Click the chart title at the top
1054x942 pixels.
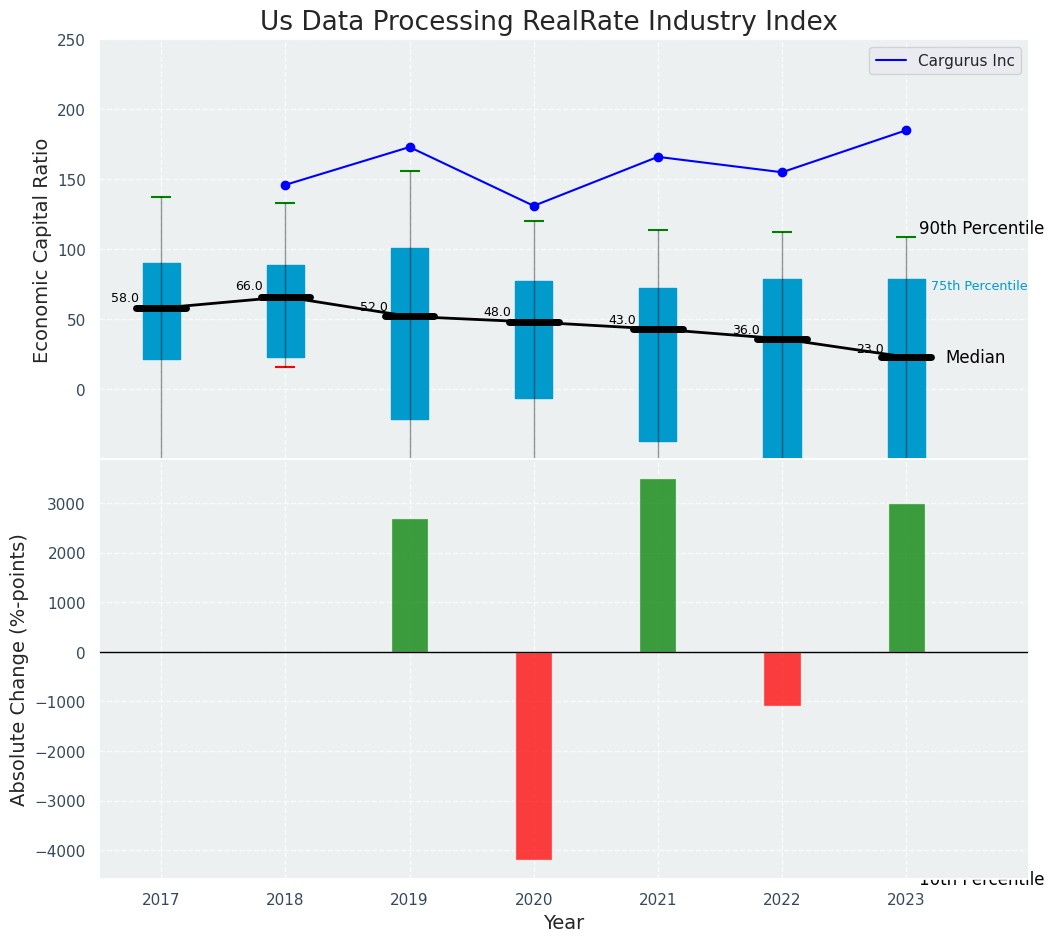click(548, 22)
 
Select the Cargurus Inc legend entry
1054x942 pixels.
click(945, 61)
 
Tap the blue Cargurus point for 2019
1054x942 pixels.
click(410, 147)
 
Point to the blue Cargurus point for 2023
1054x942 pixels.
click(906, 130)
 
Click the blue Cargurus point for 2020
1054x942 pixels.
click(534, 206)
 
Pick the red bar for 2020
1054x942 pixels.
click(534, 755)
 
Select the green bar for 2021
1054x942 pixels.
click(658, 565)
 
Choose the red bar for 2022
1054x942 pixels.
click(782, 679)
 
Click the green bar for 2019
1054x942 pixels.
click(410, 585)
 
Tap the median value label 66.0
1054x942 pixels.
click(249, 286)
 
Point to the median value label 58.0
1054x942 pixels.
click(125, 298)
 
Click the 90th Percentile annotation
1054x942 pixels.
click(981, 228)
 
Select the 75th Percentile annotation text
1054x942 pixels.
click(979, 286)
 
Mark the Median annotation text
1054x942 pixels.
click(975, 357)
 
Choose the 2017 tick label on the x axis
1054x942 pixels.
click(161, 900)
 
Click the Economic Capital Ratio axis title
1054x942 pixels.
click(42, 250)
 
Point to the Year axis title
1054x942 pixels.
click(564, 922)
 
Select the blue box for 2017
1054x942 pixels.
click(161, 311)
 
